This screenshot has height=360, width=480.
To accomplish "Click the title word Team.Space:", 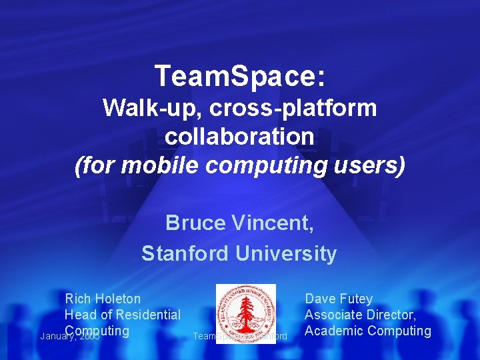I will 240,76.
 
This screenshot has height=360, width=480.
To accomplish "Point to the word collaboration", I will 239,136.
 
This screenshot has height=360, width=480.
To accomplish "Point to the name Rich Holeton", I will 103,299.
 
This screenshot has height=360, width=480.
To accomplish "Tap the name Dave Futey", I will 339,299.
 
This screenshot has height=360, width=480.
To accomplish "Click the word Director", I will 393,315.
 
